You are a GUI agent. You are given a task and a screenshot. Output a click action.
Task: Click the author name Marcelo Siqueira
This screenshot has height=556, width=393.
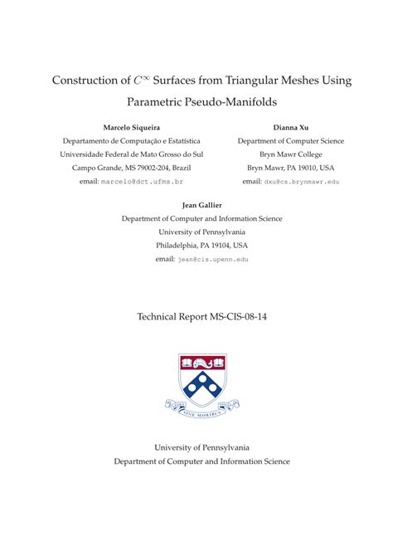click(132, 128)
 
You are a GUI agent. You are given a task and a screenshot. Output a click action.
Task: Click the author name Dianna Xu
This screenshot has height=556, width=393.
click(290, 128)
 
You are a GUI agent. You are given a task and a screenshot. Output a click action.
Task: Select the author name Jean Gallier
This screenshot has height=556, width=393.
click(201, 205)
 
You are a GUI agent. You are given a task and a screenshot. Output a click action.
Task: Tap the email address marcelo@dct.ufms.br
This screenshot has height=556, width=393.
click(143, 181)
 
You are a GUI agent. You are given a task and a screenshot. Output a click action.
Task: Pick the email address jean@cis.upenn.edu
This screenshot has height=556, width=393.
click(213, 260)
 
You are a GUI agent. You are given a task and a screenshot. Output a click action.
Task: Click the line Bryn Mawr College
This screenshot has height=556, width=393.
click(290, 154)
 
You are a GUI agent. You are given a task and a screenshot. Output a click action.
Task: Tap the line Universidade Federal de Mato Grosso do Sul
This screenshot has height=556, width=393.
click(132, 154)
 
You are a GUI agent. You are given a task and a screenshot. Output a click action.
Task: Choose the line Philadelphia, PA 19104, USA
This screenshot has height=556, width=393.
click(201, 246)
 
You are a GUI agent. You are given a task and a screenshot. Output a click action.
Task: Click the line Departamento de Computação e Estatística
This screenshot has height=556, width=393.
click(132, 141)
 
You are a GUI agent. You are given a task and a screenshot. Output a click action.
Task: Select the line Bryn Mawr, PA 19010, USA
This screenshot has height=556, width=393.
click(290, 168)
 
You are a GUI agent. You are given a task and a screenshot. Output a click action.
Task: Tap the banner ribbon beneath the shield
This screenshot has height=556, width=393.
click(201, 408)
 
